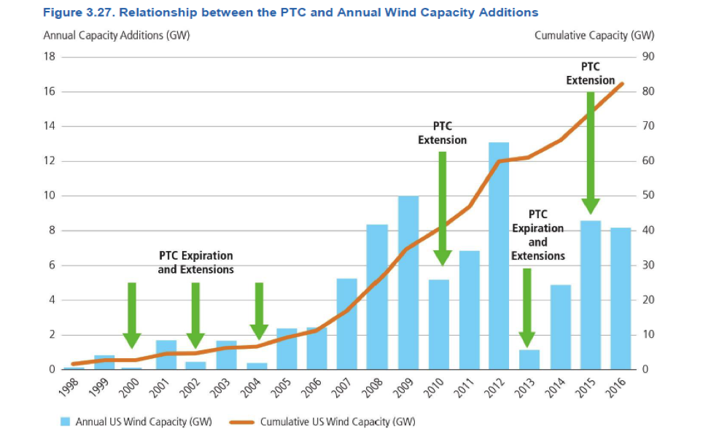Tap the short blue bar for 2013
[x=529, y=359]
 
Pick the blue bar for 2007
[x=346, y=323]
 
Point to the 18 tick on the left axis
[x=50, y=57]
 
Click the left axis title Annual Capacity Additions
[x=117, y=36]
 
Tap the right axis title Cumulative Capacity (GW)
[x=594, y=36]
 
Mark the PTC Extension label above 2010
[x=442, y=133]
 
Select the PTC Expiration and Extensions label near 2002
[x=195, y=263]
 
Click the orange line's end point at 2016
[x=622, y=84]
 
